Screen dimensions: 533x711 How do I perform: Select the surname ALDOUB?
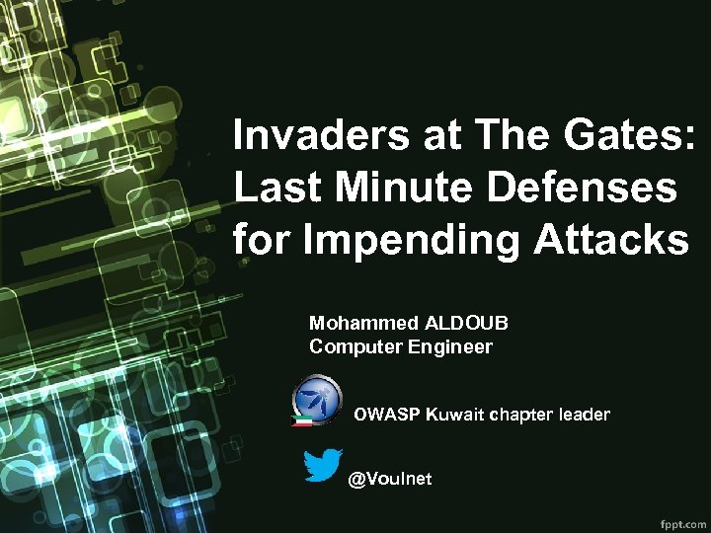coord(467,323)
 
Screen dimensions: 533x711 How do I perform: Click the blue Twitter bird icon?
coord(323,466)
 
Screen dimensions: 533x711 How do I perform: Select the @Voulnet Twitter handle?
coord(390,479)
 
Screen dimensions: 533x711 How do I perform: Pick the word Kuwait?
coord(455,415)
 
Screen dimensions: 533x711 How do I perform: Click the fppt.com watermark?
coord(681,519)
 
